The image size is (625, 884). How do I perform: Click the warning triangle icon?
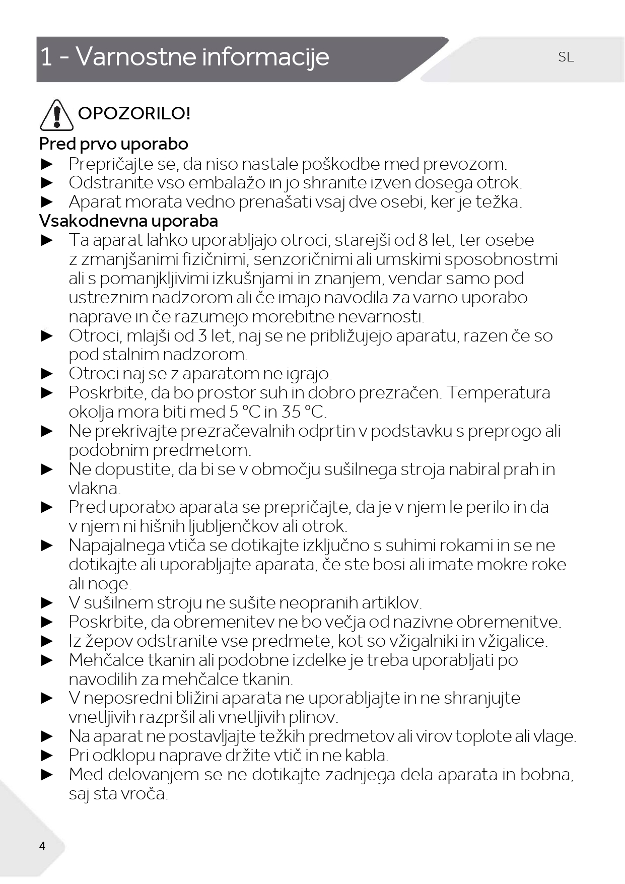tap(56, 115)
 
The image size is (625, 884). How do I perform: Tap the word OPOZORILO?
tap(134, 113)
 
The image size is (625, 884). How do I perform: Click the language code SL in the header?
tap(566, 57)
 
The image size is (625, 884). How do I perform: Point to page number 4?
tap(42, 846)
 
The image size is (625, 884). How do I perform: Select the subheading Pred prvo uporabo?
tap(114, 144)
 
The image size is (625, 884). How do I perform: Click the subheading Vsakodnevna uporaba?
tap(128, 221)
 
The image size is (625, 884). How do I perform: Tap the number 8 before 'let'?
tap(423, 240)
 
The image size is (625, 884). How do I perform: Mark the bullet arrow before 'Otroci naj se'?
tap(47, 374)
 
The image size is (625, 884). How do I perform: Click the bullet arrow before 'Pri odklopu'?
tap(47, 756)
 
